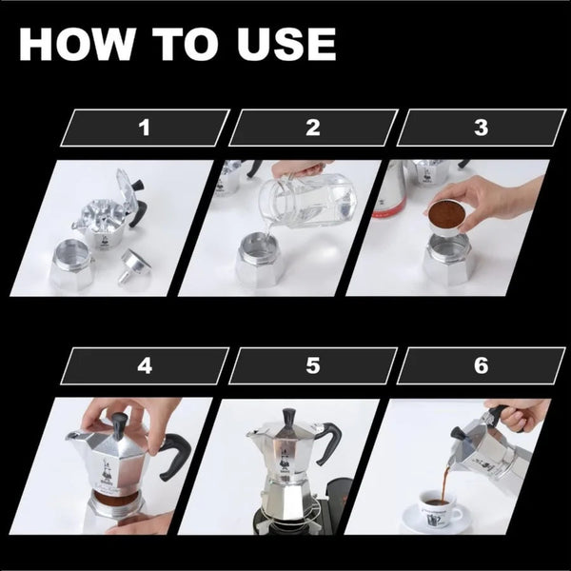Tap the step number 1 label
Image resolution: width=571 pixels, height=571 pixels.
[x=145, y=128]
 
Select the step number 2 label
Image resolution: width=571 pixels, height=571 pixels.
[x=312, y=128]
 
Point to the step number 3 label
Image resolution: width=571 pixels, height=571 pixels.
[x=481, y=128]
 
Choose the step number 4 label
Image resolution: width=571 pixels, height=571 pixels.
[x=145, y=365]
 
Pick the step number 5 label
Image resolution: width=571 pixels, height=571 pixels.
[x=312, y=365]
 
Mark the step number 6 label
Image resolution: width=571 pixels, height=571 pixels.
[x=481, y=365]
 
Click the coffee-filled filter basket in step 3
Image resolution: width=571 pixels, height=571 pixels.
[x=444, y=216]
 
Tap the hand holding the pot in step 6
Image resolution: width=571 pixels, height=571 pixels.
[x=519, y=413]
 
